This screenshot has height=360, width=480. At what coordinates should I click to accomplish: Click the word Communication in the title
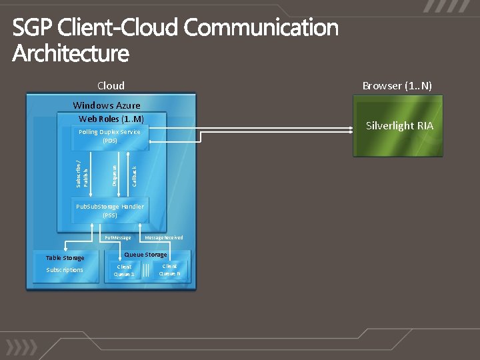point(261,28)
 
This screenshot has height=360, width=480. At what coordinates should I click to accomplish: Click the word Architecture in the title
point(71,53)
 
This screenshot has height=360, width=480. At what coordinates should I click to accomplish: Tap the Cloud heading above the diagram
point(111,85)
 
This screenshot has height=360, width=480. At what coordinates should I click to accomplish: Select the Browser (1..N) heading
point(397,85)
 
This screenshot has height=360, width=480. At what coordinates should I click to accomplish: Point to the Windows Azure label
point(107,105)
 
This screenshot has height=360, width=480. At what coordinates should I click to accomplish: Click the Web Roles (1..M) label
point(111,119)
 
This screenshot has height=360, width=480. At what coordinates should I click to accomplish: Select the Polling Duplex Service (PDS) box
point(110,136)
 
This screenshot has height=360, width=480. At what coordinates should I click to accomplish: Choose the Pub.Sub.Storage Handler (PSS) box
point(110,211)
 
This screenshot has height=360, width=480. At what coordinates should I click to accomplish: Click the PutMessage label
point(118,237)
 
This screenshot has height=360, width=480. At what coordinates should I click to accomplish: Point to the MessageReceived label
point(164,237)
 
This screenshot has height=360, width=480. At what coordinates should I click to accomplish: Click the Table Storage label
point(65,258)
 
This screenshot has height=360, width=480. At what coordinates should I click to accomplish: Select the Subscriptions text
point(65,270)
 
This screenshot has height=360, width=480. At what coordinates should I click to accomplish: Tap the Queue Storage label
point(146,255)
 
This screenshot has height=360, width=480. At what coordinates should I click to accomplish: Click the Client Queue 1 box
point(124,270)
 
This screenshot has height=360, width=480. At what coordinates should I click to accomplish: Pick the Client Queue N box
point(169,269)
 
